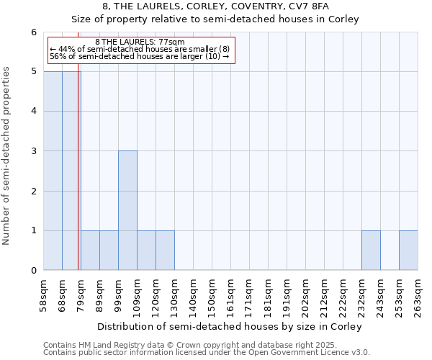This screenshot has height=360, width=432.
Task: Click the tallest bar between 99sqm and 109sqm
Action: (127, 210)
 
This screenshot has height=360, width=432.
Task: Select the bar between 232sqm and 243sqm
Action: (371, 251)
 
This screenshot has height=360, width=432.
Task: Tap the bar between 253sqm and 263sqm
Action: (408, 251)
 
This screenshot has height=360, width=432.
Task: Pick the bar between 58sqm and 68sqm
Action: (53, 171)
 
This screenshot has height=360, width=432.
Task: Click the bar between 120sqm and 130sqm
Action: (165, 251)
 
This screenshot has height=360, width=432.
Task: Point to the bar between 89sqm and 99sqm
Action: (109, 251)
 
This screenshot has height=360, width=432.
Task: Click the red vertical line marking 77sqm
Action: (78, 180)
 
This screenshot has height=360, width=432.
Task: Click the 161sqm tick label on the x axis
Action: (230, 296)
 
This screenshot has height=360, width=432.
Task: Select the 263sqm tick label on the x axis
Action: (418, 296)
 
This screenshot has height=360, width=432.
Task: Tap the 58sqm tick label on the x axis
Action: (44, 295)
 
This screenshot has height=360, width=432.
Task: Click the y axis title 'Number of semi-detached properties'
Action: (8, 156)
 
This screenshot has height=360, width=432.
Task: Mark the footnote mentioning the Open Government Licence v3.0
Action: (207, 353)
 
